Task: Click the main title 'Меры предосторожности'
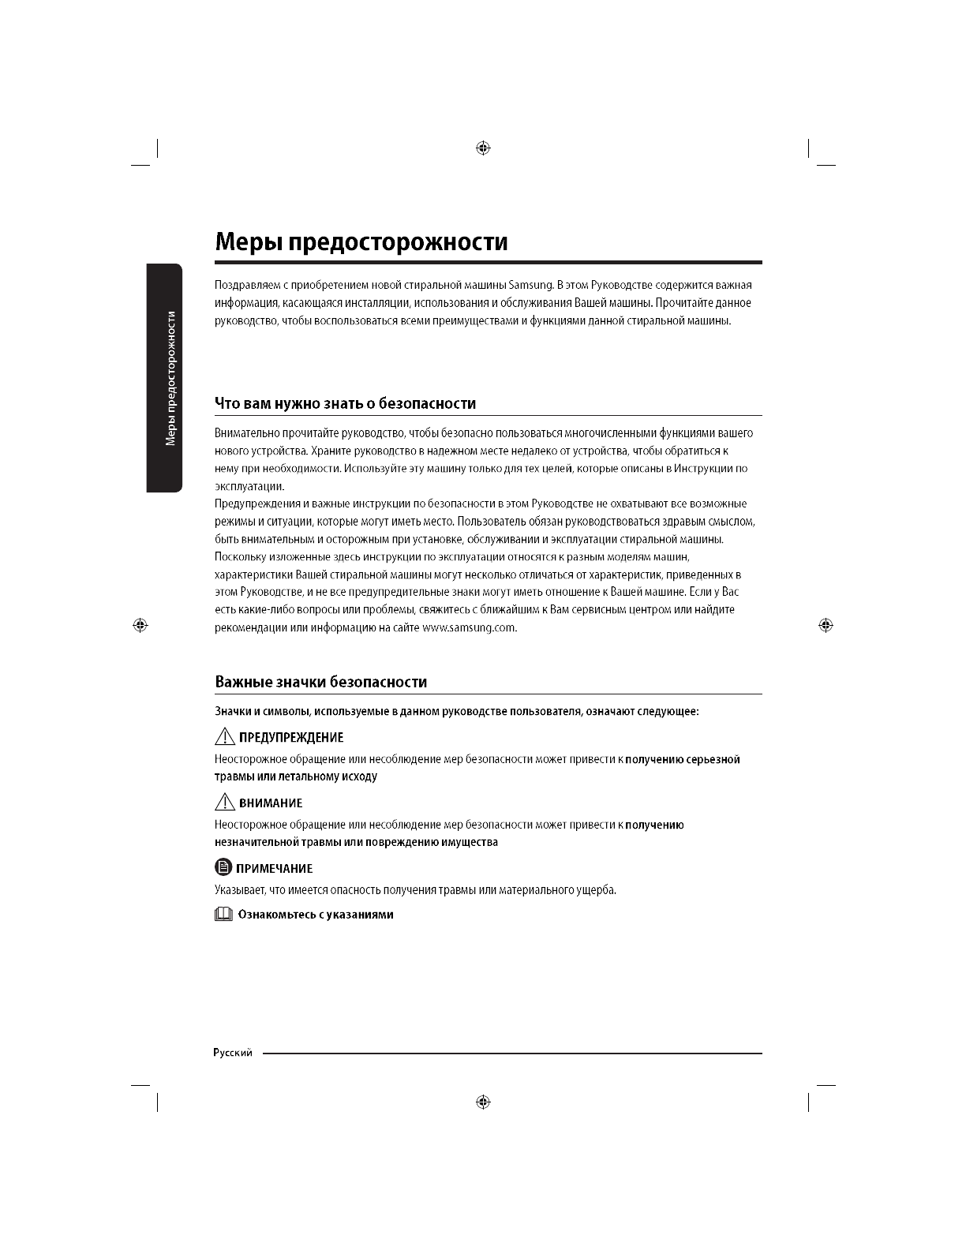click(x=361, y=241)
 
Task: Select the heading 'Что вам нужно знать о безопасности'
click(x=346, y=404)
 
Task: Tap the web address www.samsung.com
click(x=469, y=628)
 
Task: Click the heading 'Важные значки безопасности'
click(x=321, y=682)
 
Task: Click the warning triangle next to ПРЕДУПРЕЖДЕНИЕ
click(x=225, y=737)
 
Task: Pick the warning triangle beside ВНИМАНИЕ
click(x=225, y=803)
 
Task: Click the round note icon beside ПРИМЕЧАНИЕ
click(x=224, y=868)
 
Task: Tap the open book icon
click(x=224, y=915)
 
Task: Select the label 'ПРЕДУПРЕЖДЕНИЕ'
click(x=291, y=738)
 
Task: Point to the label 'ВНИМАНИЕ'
click(x=271, y=803)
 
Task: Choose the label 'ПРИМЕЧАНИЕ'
click(x=275, y=869)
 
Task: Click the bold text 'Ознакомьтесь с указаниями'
click(x=316, y=915)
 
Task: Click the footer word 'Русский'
click(x=233, y=1053)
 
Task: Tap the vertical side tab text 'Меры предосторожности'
click(x=170, y=379)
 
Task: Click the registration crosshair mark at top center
click(x=484, y=148)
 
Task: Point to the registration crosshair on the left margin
click(x=140, y=625)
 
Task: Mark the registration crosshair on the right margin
click(x=826, y=625)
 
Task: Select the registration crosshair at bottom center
click(x=484, y=1102)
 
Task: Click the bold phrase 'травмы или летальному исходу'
click(x=296, y=777)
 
